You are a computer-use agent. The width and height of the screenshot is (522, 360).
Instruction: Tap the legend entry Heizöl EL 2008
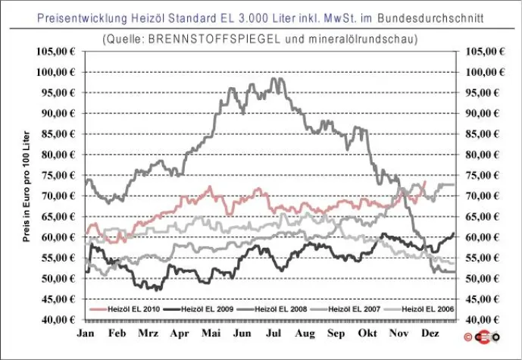pyautogui.click(x=271, y=310)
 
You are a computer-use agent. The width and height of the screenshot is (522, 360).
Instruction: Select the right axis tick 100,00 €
pyautogui.click(x=484, y=72)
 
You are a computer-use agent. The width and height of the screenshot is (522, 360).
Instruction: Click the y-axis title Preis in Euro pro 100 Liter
pyautogui.click(x=27, y=186)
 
